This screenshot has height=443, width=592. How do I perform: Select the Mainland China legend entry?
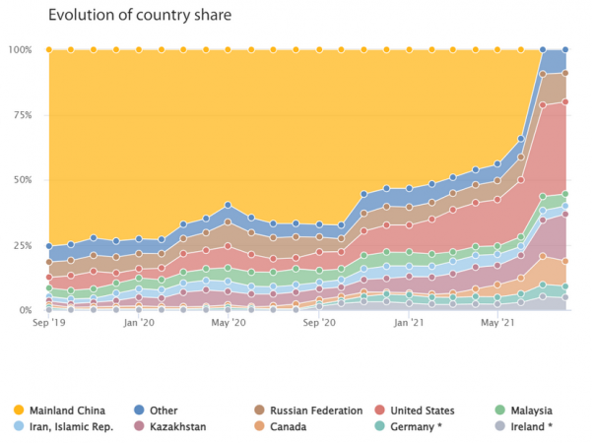[x=66, y=410]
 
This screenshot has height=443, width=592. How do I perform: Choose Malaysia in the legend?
[x=529, y=410]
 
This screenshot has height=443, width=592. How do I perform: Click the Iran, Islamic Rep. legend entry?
[x=71, y=426]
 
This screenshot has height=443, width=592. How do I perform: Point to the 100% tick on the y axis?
[x=21, y=49]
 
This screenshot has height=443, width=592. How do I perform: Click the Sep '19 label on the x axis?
[x=48, y=322]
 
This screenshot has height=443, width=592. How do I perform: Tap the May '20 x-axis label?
[x=230, y=322]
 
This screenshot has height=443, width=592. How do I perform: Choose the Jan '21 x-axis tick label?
[x=411, y=322]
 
